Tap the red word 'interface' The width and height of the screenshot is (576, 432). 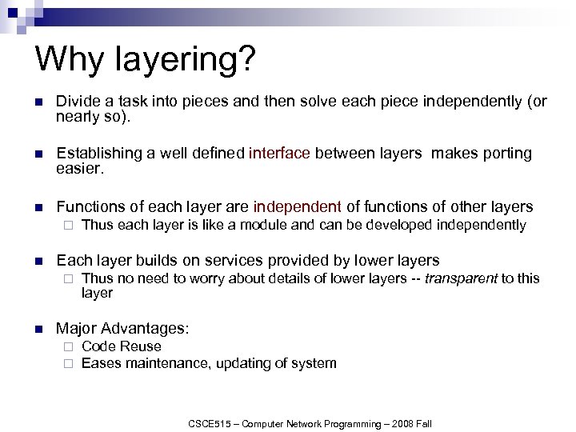tap(279, 153)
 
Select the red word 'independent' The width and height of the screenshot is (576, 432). tap(298, 206)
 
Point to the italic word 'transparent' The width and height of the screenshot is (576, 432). tap(461, 278)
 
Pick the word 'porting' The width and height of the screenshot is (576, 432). tap(502, 153)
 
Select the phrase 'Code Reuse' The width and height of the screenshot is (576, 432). tap(122, 346)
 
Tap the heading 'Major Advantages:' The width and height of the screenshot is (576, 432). tap(122, 328)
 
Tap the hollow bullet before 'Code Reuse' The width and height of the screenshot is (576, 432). tap(69, 347)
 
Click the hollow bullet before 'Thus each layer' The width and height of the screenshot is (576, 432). tap(69, 226)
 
